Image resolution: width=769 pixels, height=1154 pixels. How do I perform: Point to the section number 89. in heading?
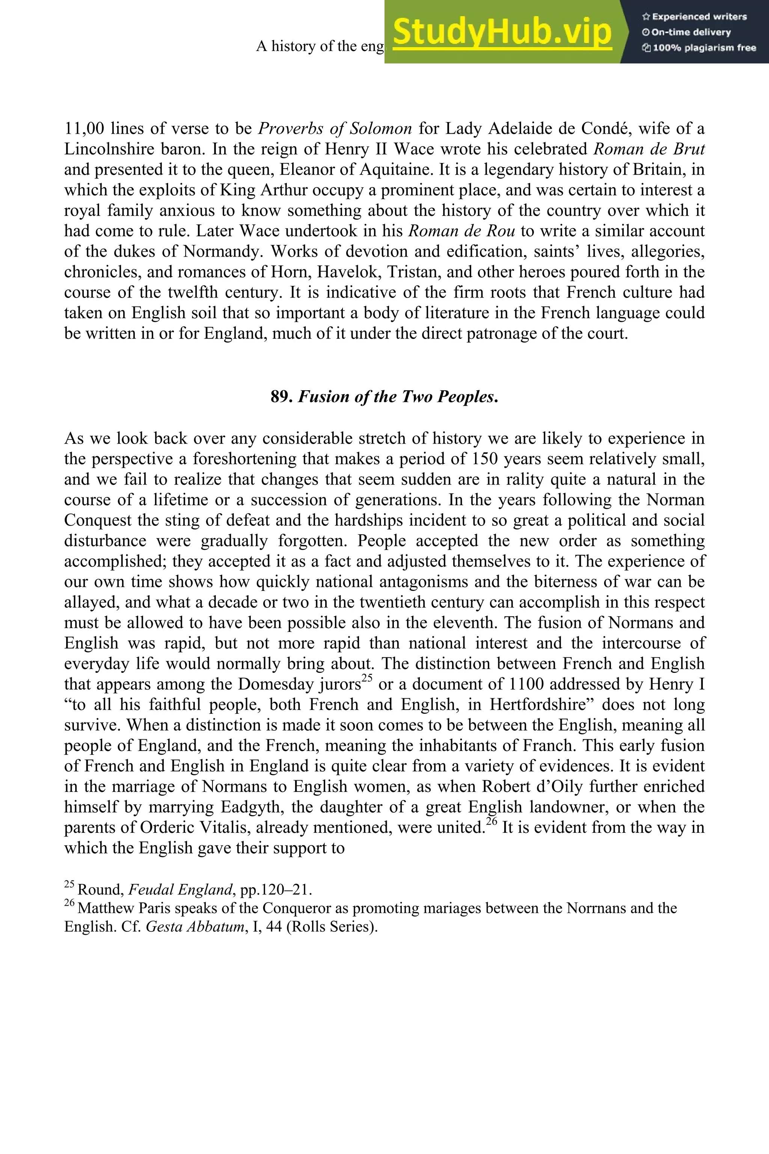point(282,396)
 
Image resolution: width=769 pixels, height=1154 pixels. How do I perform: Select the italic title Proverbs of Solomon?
point(335,128)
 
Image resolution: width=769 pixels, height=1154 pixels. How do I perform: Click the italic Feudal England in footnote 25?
point(180,890)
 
